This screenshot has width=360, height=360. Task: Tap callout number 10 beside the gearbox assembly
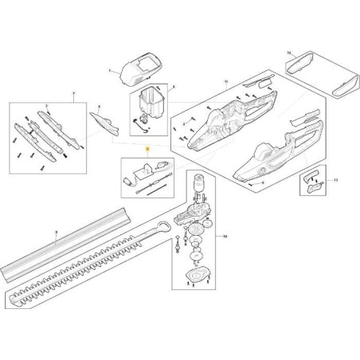(x=225, y=238)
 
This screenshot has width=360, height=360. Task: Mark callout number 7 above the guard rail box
(x=72, y=94)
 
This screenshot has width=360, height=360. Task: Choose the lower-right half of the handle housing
(x=267, y=155)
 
